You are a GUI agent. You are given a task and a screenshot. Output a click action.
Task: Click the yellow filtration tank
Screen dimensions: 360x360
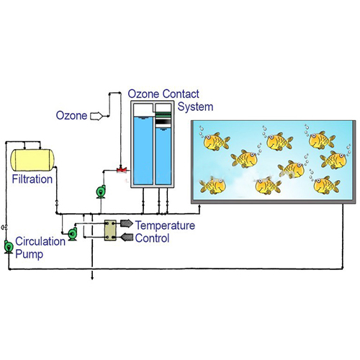(x=32, y=160)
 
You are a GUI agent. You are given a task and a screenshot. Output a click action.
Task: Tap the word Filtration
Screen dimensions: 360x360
(x=32, y=179)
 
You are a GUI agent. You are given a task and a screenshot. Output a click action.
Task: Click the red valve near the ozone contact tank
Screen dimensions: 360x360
(x=122, y=170)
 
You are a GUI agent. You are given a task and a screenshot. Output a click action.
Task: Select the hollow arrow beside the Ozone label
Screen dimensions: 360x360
(x=96, y=116)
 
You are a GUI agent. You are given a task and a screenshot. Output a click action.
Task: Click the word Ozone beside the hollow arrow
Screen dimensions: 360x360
(x=71, y=115)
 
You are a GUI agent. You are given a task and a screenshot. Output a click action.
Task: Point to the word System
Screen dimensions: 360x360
(x=195, y=107)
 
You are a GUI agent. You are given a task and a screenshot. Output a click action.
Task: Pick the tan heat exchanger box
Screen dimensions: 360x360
(x=110, y=230)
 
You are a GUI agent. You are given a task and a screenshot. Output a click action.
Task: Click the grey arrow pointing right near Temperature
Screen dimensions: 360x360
(x=126, y=223)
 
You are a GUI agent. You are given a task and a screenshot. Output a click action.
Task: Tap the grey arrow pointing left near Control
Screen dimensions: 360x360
(x=126, y=237)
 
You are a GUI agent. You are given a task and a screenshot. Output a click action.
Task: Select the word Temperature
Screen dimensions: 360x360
(x=165, y=225)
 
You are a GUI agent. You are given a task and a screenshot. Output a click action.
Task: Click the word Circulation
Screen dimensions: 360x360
(x=40, y=241)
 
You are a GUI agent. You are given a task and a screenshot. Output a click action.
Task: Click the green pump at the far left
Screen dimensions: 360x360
(x=9, y=247)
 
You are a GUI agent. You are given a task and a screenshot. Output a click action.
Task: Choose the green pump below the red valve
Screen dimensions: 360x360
(x=101, y=192)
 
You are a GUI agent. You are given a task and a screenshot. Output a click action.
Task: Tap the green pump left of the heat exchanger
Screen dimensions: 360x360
(x=72, y=233)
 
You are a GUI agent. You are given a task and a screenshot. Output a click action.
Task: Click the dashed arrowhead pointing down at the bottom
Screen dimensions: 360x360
(x=92, y=278)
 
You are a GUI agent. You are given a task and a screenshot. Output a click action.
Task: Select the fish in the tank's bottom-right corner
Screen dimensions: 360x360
(x=326, y=185)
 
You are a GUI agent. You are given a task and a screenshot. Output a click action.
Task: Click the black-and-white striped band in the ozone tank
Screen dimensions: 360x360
(x=163, y=122)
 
